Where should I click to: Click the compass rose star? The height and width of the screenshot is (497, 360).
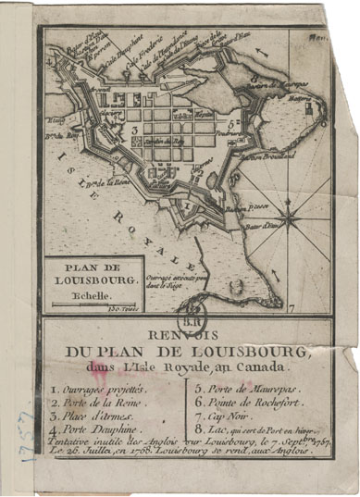pos(289,218)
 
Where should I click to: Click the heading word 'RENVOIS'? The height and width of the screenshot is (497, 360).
pos(182,335)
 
